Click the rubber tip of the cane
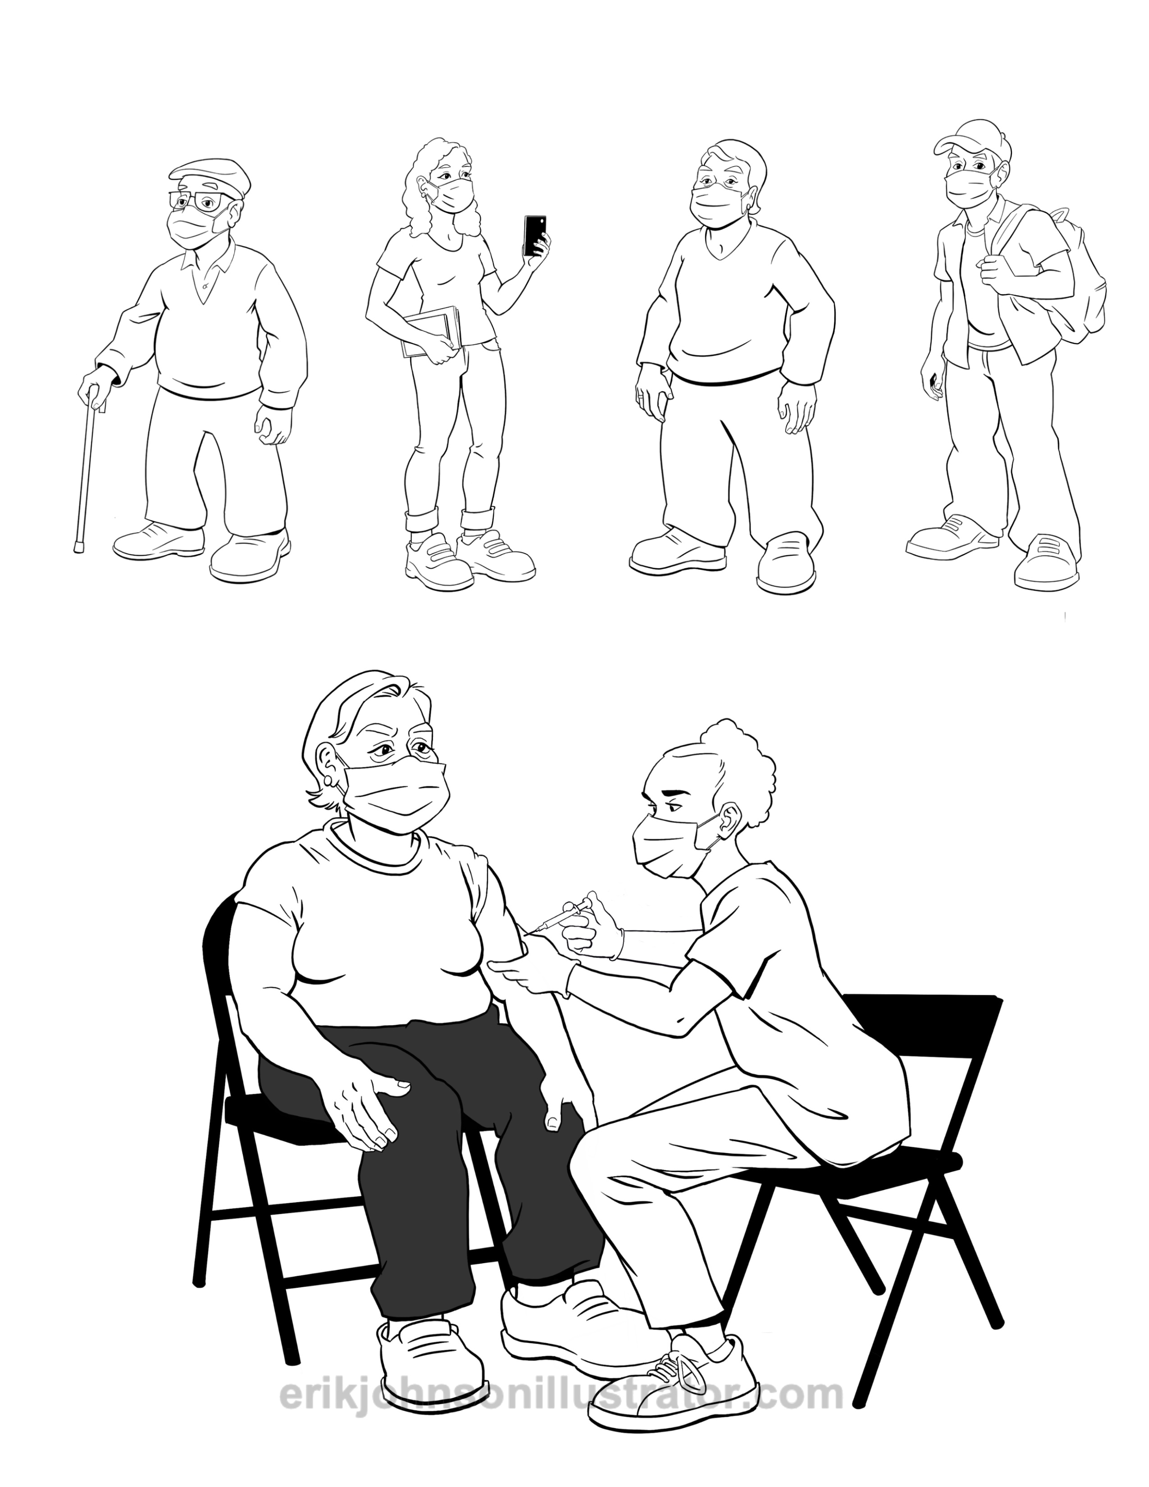pos(77,546)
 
